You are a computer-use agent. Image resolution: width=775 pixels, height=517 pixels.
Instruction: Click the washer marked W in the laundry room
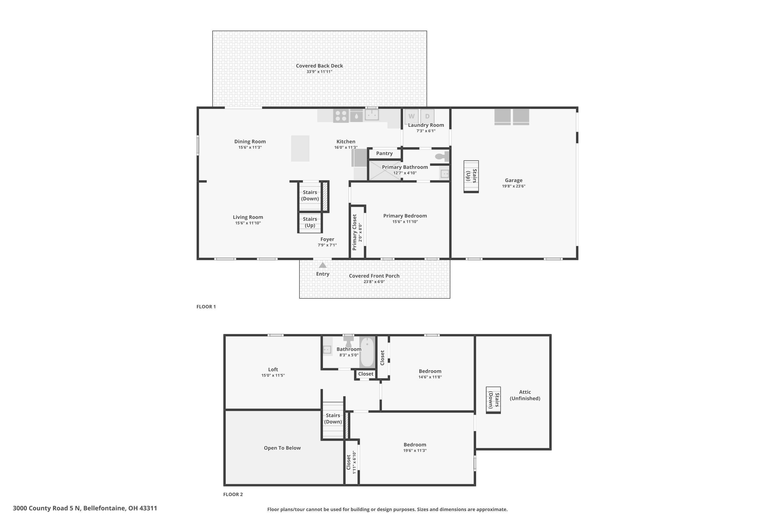click(x=411, y=116)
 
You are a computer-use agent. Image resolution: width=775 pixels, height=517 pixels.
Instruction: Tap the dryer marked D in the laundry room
click(x=427, y=116)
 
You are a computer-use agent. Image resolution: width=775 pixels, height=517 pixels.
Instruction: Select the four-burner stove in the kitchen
click(x=341, y=116)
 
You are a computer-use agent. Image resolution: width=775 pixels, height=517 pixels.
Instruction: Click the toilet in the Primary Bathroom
click(x=442, y=156)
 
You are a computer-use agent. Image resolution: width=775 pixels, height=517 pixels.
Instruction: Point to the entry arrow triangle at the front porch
click(x=323, y=265)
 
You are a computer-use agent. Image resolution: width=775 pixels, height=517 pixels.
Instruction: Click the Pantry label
click(x=384, y=153)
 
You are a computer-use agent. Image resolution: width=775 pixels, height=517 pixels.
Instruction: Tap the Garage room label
click(x=513, y=180)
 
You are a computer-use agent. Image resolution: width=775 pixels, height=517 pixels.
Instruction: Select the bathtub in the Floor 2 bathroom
click(x=367, y=352)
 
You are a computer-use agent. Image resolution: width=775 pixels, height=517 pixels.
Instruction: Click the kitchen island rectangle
click(x=300, y=148)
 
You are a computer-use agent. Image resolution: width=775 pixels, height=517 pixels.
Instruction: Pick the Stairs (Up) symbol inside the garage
click(x=471, y=176)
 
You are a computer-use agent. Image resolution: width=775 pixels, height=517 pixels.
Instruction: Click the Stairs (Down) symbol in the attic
click(x=493, y=400)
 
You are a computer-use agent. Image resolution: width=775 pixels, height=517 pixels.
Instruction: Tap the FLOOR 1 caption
click(x=206, y=307)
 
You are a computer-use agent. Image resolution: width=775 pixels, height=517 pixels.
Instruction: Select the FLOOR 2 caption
click(x=233, y=494)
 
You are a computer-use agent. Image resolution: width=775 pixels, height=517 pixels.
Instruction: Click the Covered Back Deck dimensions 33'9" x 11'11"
click(x=319, y=72)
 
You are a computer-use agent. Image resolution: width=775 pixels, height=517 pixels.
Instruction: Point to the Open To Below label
click(x=282, y=448)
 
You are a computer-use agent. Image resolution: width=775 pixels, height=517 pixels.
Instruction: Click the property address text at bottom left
click(x=85, y=508)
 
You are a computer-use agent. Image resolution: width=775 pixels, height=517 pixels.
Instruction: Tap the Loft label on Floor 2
click(x=273, y=370)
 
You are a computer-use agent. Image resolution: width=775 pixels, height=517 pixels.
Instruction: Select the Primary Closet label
click(x=354, y=232)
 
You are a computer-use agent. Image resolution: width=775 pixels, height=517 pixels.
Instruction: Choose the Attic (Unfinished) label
click(x=525, y=395)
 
